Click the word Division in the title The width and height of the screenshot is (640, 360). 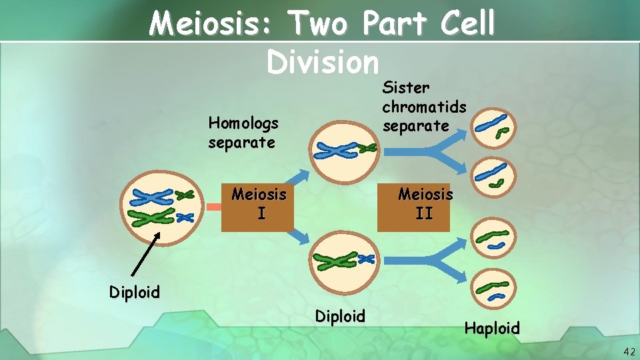pos(322,62)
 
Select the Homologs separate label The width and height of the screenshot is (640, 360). pos(243,132)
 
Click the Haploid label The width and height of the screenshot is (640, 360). pos(491,328)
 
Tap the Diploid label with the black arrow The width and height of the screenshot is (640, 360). pos(135,292)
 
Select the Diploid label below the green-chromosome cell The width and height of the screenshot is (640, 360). pos(340,315)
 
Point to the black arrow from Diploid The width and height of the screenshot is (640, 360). pos(146,253)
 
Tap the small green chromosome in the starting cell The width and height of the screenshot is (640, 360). pos(184,195)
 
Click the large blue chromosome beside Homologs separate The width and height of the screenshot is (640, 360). pos(335,151)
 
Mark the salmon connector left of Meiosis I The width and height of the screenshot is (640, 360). pos(213,208)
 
